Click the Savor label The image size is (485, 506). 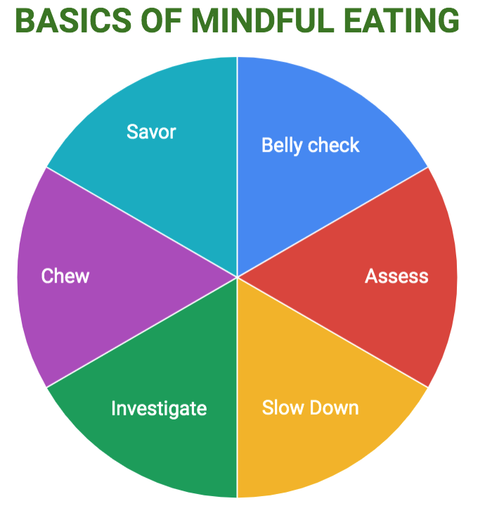tap(151, 131)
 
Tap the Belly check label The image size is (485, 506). tap(310, 145)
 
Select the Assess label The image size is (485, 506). tap(396, 275)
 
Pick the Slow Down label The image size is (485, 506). tap(310, 408)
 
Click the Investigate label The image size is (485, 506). tap(159, 408)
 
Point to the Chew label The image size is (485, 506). tap(65, 275)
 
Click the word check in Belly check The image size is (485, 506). tap(333, 145)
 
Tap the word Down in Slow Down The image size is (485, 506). tap(335, 408)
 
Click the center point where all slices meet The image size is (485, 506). tap(237, 277)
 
